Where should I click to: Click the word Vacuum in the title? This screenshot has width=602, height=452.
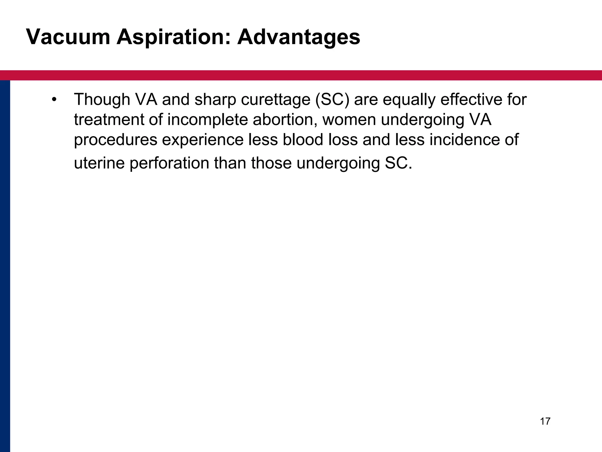pos(68,37)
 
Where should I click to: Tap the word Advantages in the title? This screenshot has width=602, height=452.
pos(298,37)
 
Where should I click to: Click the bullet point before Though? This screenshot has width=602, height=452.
pos(53,99)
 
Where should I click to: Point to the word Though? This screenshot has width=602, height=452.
pos(102,99)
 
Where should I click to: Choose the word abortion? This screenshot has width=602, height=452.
pos(285,119)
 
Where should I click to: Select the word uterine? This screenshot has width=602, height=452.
pos(99,163)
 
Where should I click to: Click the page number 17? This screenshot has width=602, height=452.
pos(545,421)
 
